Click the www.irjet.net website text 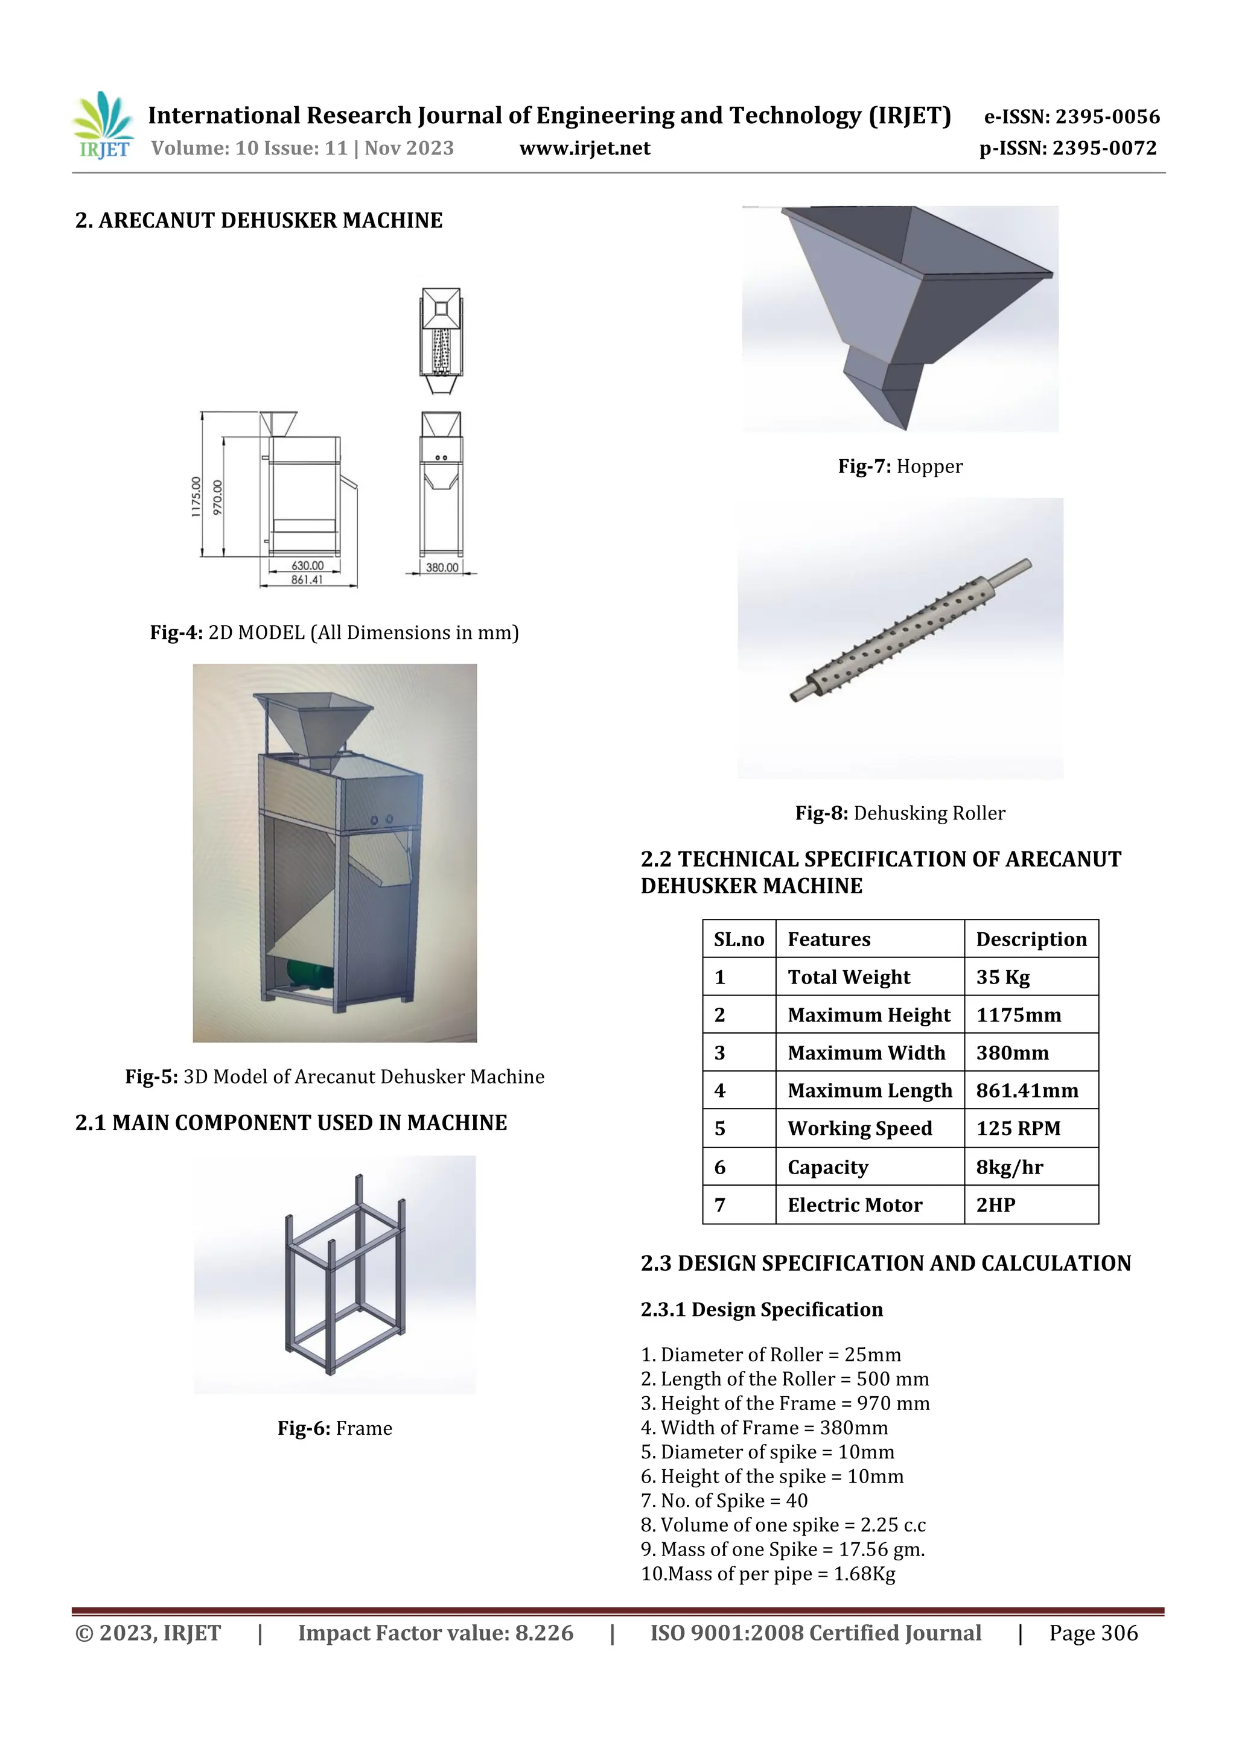[584, 148]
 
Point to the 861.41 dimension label [307, 580]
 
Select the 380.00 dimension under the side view [442, 568]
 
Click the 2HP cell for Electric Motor [995, 1205]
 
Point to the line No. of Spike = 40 [724, 1501]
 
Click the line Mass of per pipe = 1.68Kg [768, 1574]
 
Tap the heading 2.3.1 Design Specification [761, 1309]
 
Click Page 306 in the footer [1093, 1633]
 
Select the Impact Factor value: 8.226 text [435, 1633]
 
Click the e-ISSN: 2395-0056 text [1071, 116]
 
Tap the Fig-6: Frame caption [334, 1428]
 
